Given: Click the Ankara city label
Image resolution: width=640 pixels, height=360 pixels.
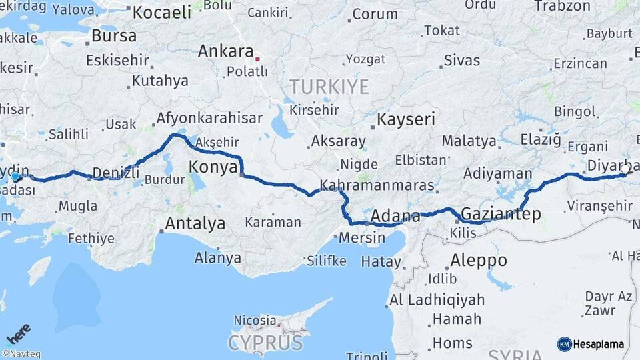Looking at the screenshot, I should coord(225,51).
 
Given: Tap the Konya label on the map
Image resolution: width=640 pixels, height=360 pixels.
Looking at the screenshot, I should coord(213,167).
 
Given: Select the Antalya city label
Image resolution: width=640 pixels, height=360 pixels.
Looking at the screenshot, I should coord(195,223).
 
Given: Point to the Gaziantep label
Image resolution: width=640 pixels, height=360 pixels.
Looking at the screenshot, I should coord(501,214).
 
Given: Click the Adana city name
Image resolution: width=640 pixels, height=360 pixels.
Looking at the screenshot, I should coord(395,217).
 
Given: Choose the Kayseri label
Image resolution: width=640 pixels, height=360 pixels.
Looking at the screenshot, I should coord(406,120).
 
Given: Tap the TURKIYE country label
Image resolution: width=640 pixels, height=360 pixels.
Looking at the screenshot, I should coord(329,87).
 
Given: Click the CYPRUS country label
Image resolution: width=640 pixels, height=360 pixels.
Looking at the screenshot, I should coord(265,343).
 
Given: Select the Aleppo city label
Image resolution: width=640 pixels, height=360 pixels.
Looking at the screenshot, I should coord(478,259).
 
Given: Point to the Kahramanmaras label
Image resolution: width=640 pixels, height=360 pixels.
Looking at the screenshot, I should coord(377,185).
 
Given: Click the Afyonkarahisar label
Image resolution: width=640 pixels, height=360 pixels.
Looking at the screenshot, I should coord(208,119).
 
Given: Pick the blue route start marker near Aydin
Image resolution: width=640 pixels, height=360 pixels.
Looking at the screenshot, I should coord(16,177).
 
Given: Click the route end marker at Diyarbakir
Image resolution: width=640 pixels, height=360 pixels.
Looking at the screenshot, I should coord(625,169).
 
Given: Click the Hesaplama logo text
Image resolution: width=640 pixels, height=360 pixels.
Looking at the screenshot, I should coord(598,344).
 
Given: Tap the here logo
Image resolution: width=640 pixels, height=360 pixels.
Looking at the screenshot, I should coord(18,333).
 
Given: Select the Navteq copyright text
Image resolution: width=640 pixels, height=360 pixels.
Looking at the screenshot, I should coord(21,354).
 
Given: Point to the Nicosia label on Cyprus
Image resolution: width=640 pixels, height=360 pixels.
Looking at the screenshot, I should coord(254,320).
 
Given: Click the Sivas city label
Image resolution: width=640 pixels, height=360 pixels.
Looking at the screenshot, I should coord(462,60).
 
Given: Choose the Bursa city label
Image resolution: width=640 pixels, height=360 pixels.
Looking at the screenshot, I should coord(114,35).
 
